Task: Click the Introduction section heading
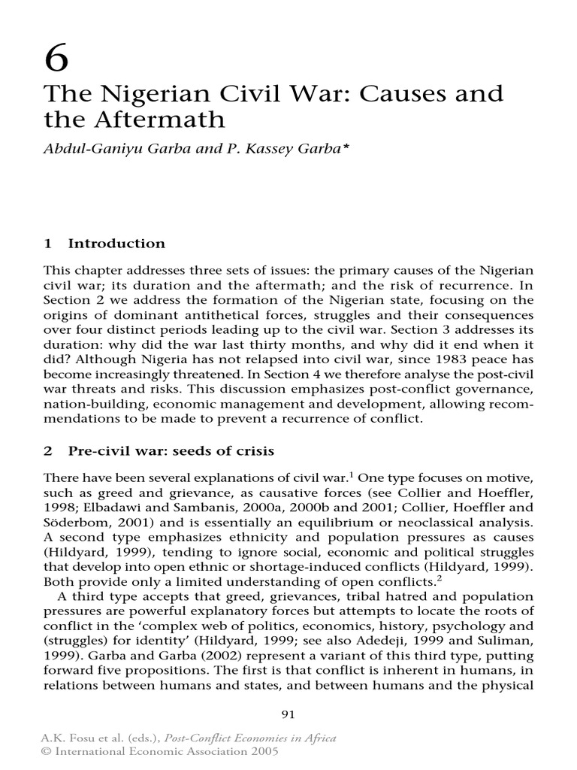pyautogui.click(x=116, y=244)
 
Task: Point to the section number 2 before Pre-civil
pyautogui.click(x=48, y=451)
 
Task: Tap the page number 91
pyautogui.click(x=288, y=715)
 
